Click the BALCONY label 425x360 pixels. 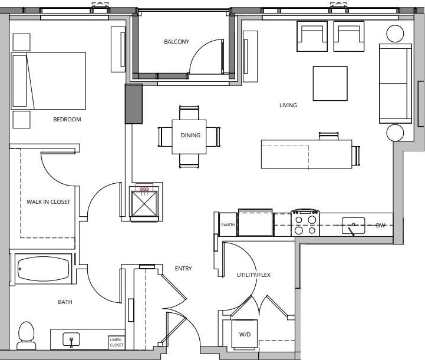(x=176, y=42)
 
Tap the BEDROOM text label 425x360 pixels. (x=67, y=120)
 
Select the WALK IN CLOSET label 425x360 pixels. (x=48, y=202)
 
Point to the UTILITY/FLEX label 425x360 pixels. (x=253, y=275)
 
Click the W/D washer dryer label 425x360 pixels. (x=244, y=334)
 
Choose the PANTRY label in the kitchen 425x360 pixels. (x=228, y=225)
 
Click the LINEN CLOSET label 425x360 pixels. (x=116, y=342)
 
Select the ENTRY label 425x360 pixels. (x=183, y=269)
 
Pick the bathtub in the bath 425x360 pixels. (x=43, y=269)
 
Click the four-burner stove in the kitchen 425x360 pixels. (x=305, y=223)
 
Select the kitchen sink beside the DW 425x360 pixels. (x=354, y=224)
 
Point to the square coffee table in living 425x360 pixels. (x=330, y=83)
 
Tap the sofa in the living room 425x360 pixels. (x=394, y=83)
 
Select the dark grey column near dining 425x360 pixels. (x=134, y=104)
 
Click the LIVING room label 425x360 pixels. (x=288, y=105)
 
